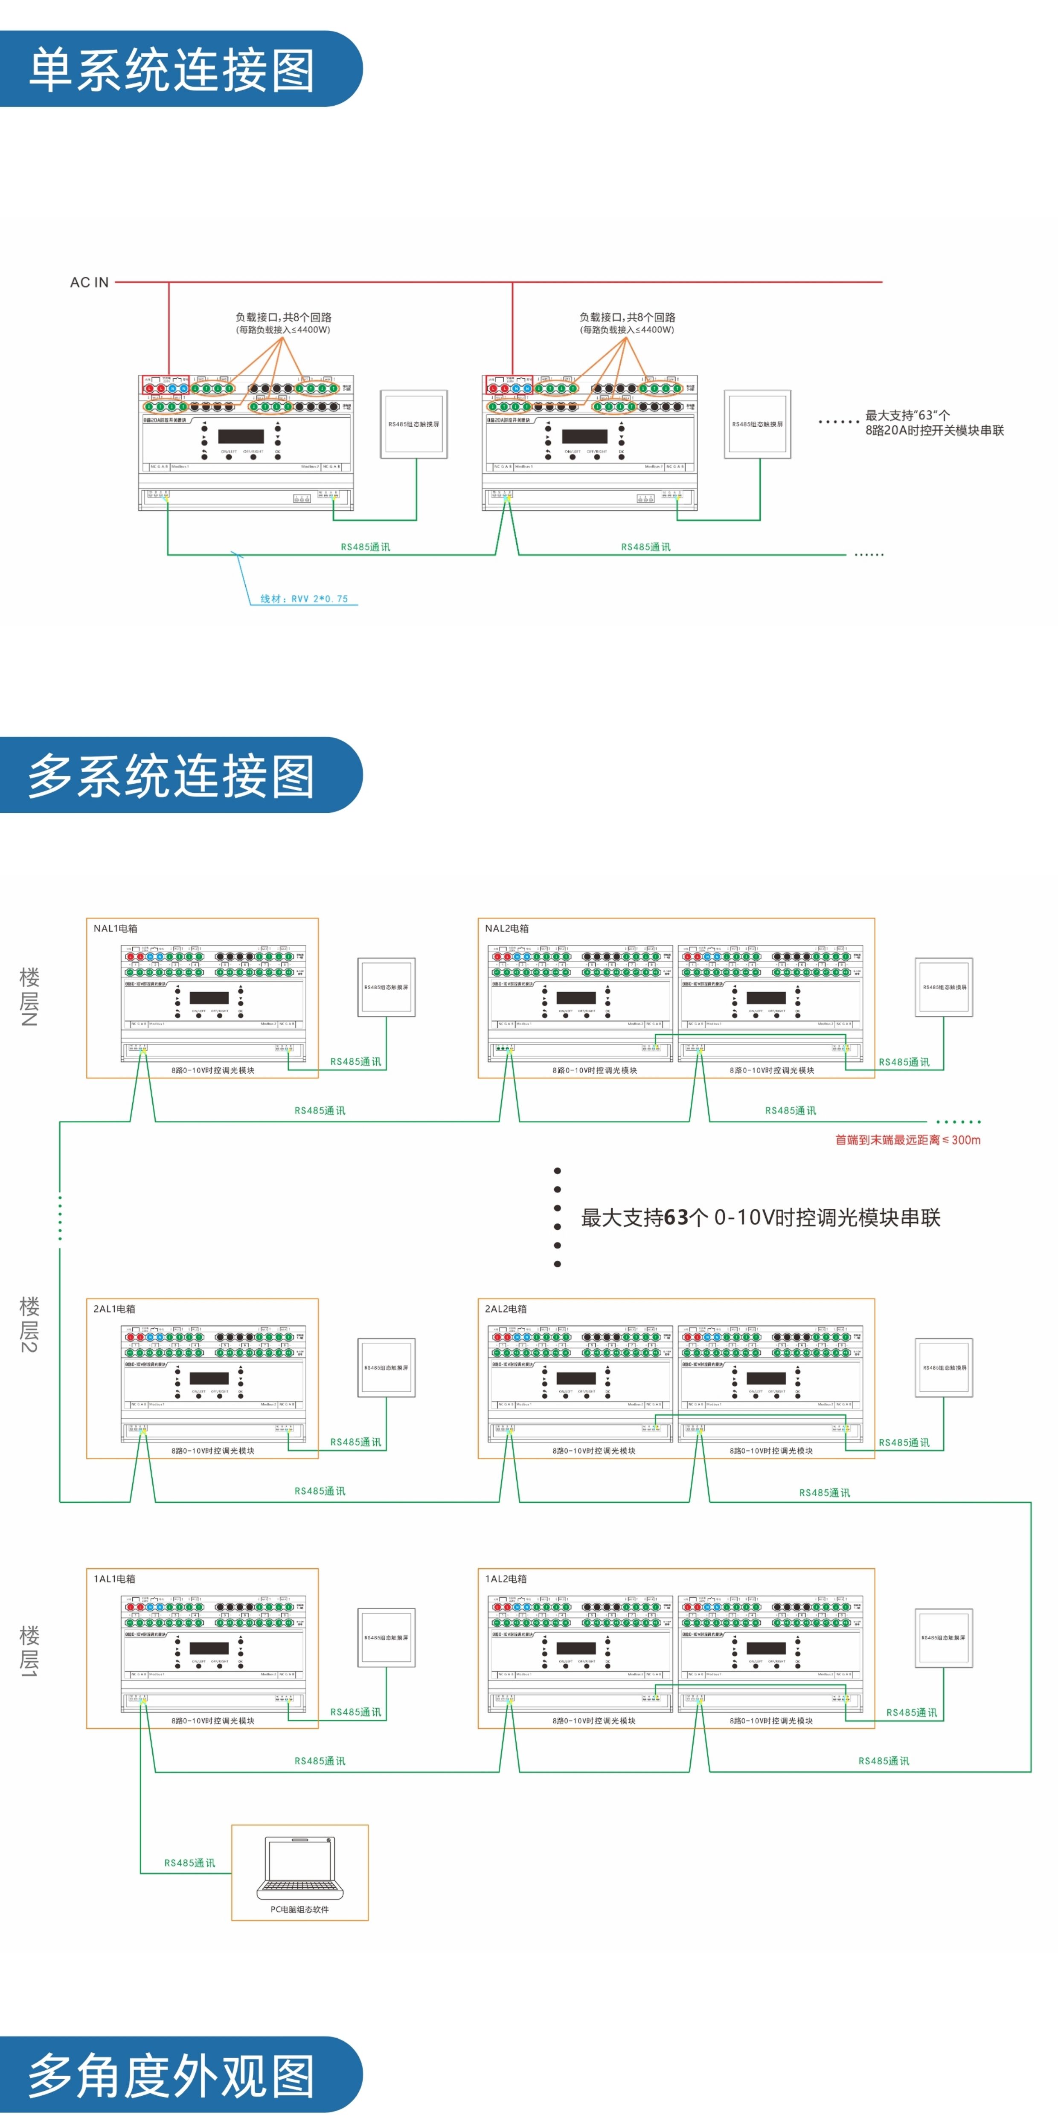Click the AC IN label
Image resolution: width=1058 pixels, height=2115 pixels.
tap(89, 282)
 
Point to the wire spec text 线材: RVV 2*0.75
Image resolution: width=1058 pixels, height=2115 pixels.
tap(304, 599)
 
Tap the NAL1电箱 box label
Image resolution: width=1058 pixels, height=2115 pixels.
tap(115, 929)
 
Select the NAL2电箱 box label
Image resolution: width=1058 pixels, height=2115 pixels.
tap(507, 929)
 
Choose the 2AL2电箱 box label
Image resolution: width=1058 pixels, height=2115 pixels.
tap(506, 1309)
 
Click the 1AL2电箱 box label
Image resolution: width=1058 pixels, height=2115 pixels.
tap(506, 1579)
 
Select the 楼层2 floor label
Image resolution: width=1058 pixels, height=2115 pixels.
tap(29, 1324)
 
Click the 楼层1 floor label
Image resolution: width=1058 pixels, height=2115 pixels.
tap(29, 1650)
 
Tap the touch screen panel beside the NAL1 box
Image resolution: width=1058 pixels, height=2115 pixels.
tap(386, 987)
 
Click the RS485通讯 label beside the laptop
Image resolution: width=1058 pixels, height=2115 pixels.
tap(190, 1863)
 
